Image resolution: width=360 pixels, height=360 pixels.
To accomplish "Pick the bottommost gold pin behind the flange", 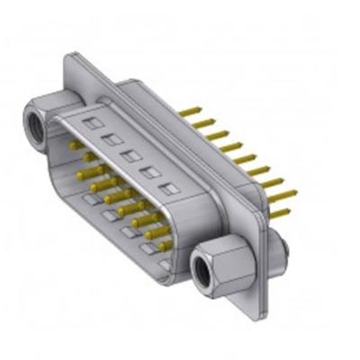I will (x=281, y=214).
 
